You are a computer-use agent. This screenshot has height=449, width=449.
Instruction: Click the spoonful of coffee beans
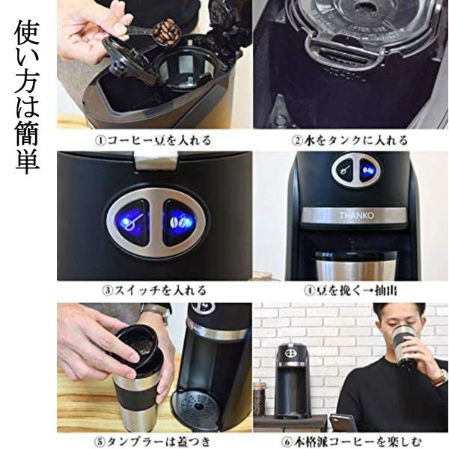click(x=166, y=31)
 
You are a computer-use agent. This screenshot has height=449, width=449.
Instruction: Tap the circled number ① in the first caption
click(x=100, y=141)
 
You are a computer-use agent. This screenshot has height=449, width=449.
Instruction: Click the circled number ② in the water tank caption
click(x=297, y=141)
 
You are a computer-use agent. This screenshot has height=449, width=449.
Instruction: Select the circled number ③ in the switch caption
click(x=107, y=290)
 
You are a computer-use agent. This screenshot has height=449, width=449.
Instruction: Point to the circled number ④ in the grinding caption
click(x=309, y=290)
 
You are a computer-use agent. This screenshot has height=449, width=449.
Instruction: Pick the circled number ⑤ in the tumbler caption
click(x=100, y=442)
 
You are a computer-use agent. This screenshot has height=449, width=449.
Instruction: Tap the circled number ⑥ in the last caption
click(x=287, y=442)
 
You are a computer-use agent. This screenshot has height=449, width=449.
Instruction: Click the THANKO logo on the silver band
click(x=356, y=216)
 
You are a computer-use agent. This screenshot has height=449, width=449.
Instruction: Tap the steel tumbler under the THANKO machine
click(x=356, y=266)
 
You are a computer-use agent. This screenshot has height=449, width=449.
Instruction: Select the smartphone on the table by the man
click(x=343, y=423)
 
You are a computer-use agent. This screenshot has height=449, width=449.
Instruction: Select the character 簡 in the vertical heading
click(x=27, y=132)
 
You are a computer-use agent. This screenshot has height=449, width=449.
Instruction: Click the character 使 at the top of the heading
click(x=27, y=32)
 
